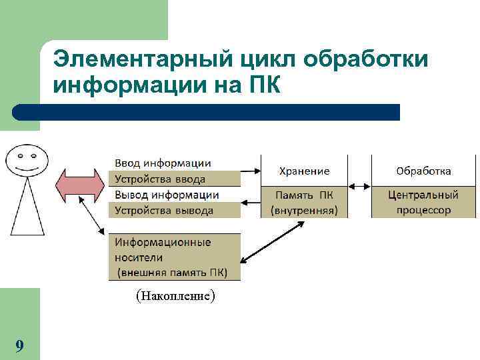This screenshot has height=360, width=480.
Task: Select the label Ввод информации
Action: click(x=163, y=163)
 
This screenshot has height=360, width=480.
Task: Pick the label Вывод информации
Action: click(x=167, y=195)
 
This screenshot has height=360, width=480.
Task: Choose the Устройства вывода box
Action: click(x=173, y=210)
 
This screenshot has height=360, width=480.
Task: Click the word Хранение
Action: click(x=304, y=171)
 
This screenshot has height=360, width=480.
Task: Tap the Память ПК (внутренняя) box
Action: click(x=304, y=202)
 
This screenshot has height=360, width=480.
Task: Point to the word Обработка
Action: click(x=423, y=171)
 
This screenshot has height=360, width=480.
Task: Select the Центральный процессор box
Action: click(x=423, y=202)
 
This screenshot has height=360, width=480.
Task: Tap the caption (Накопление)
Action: click(x=175, y=295)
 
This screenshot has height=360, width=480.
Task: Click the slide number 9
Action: click(x=19, y=345)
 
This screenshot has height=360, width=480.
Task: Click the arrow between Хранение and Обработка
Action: click(x=359, y=186)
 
